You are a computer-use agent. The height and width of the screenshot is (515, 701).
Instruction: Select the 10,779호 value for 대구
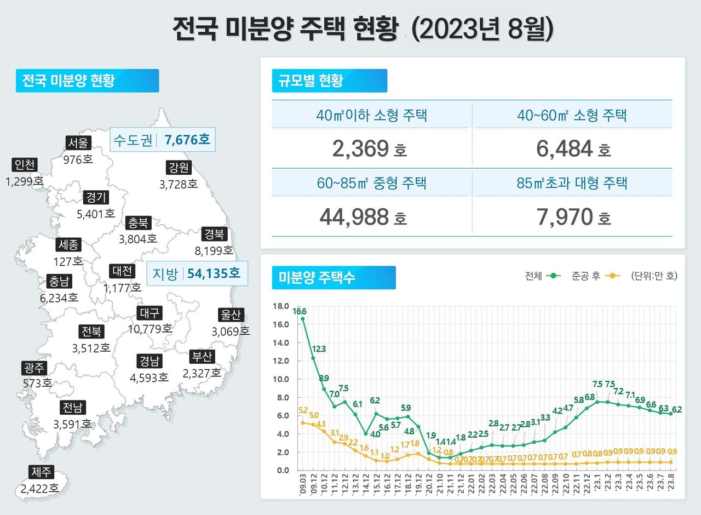coord(149,329)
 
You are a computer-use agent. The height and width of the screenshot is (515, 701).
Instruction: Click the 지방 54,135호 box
coord(197,273)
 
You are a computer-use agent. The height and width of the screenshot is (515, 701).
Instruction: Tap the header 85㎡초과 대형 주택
coord(572,183)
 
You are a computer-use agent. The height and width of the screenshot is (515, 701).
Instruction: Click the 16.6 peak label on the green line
coord(299,311)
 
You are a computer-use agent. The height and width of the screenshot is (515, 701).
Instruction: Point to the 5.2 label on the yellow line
coord(303,410)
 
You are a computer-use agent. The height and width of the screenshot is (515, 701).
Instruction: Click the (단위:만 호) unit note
coord(654,276)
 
